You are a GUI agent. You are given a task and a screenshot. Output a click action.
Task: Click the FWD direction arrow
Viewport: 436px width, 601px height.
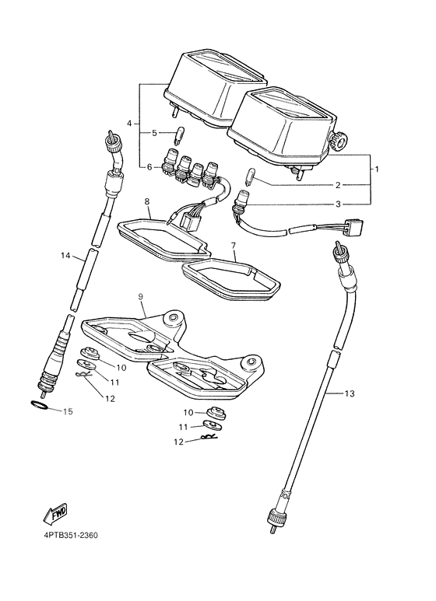55,513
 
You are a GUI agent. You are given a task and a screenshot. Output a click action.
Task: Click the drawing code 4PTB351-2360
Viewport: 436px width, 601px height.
71,535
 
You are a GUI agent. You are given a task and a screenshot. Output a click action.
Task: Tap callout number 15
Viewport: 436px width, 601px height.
68,411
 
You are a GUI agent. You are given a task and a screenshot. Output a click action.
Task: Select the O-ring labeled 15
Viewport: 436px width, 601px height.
39,405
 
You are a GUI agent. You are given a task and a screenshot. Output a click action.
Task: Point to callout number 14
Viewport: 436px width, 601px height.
65,255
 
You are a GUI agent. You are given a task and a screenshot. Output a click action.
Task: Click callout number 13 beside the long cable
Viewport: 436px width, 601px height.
350,393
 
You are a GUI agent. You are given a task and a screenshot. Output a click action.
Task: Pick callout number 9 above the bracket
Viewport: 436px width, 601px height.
140,296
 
